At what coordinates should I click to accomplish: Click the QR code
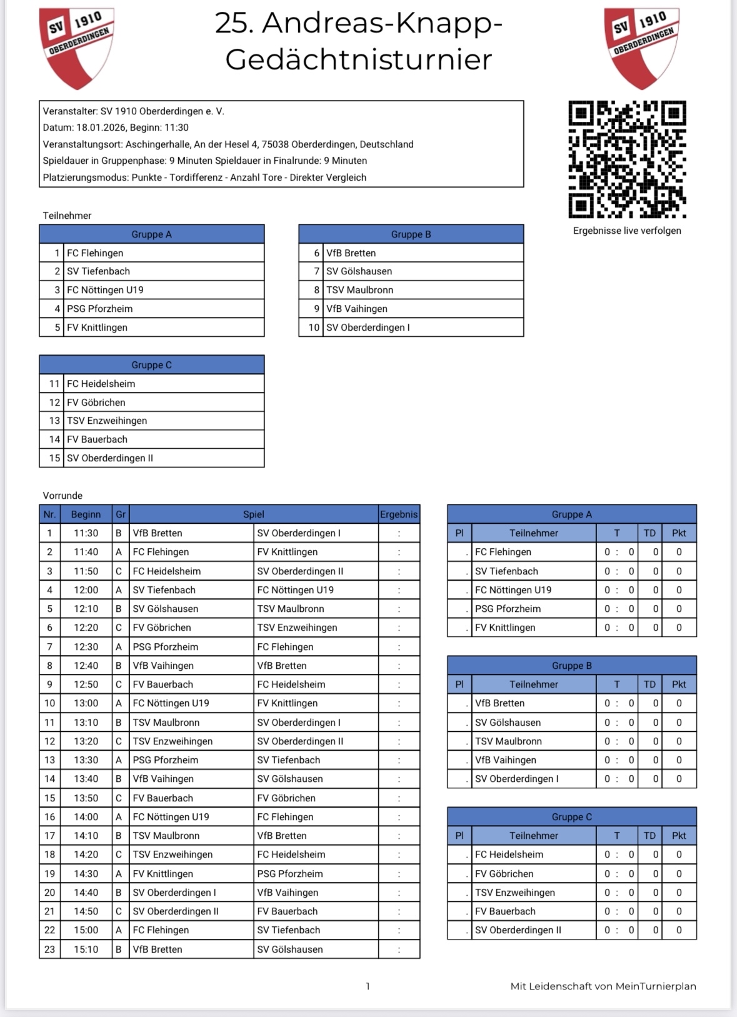pos(627,159)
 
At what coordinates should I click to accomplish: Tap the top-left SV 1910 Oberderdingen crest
pos(76,48)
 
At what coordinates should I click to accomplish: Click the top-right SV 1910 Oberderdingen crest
pos(641,48)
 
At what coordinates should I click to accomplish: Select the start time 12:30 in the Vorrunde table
pos(86,647)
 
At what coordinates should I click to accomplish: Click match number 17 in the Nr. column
pos(49,836)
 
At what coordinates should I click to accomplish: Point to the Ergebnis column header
pos(399,514)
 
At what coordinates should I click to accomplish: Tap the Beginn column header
pos(86,514)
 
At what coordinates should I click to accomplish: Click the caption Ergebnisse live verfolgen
pos(627,231)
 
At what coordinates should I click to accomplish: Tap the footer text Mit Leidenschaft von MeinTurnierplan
pos(603,986)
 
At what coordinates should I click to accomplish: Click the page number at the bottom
pos(368,986)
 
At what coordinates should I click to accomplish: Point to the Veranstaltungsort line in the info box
pos(228,144)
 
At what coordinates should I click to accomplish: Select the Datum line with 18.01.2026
pos(116,128)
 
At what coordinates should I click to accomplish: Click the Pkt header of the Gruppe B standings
pos(679,684)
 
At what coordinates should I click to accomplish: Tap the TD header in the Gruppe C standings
pos(650,836)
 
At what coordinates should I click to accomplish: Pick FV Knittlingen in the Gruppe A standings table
pos(505,628)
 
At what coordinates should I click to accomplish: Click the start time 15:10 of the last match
pos(86,949)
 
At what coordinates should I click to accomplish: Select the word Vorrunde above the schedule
pos(63,496)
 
